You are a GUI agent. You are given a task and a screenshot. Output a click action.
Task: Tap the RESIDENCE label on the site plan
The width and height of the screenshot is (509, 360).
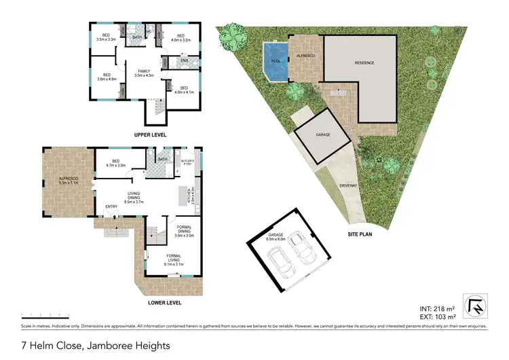point(364,62)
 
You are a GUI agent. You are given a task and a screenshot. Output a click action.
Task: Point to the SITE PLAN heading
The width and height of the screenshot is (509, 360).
point(359,234)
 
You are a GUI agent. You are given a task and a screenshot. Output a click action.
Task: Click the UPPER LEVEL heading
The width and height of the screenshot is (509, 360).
point(151,134)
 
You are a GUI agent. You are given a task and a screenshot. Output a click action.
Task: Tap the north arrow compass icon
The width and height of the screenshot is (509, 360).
point(476,306)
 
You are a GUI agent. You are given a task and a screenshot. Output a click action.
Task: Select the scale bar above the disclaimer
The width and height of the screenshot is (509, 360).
point(45,314)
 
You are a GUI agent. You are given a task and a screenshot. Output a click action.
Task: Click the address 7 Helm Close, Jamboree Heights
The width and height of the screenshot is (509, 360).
point(86,345)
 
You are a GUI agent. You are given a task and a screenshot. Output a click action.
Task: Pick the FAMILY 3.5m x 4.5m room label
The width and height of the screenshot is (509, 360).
point(143,73)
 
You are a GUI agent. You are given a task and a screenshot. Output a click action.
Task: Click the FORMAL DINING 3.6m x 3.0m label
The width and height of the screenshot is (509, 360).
point(185,232)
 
